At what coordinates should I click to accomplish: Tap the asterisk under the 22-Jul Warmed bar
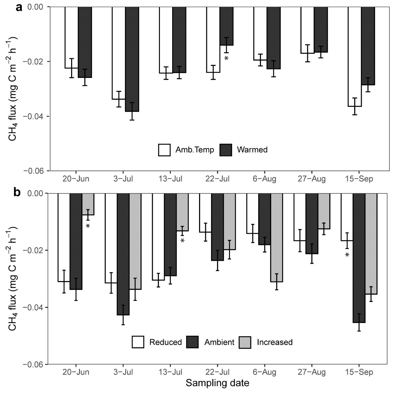pyautogui.click(x=226, y=58)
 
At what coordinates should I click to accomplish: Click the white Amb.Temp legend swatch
pyautogui.click(x=164, y=150)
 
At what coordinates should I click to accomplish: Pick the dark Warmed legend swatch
pyautogui.click(x=226, y=150)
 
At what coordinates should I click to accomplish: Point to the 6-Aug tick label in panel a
pyautogui.click(x=264, y=179)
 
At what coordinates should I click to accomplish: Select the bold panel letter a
pyautogui.click(x=19, y=7)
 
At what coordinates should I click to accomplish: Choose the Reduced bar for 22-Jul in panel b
pyautogui.click(x=205, y=213)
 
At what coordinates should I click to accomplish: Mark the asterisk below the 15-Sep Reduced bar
pyautogui.click(x=347, y=255)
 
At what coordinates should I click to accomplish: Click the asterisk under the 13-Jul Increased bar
pyautogui.click(x=182, y=241)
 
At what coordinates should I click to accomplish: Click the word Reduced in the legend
pyautogui.click(x=165, y=342)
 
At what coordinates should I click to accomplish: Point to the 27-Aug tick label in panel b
pyautogui.click(x=311, y=372)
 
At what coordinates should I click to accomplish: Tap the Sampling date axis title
pyautogui.click(x=217, y=383)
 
